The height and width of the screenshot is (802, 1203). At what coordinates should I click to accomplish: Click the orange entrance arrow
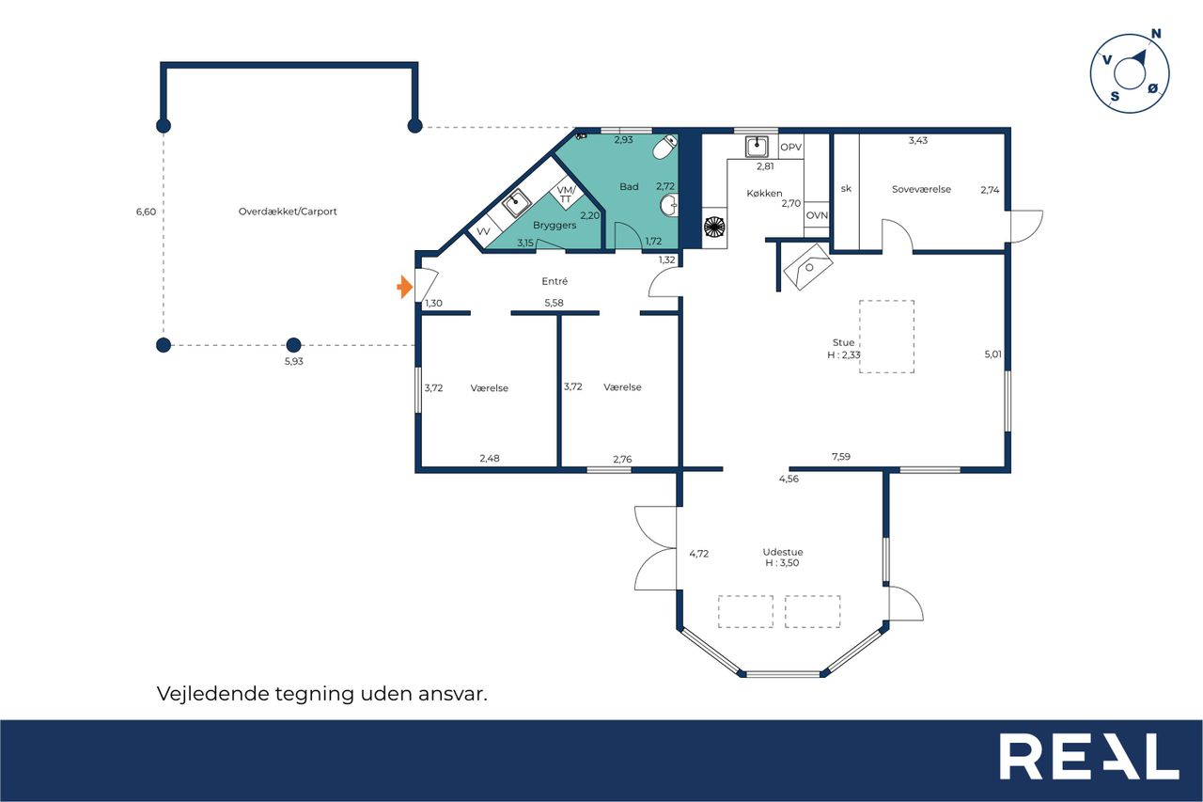[405, 287]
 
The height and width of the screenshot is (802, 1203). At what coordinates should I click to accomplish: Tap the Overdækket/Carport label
[288, 212]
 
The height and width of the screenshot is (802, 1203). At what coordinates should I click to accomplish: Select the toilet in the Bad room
[664, 146]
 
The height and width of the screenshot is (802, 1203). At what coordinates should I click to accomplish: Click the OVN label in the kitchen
[817, 215]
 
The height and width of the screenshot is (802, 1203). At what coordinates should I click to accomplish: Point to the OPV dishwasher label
[790, 148]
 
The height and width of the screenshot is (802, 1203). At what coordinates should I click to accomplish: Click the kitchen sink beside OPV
[757, 147]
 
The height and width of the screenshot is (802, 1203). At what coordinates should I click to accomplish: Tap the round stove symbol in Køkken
[714, 227]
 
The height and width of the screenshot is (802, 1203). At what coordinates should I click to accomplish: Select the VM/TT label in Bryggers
[566, 194]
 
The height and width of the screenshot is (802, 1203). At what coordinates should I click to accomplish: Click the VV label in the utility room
[483, 231]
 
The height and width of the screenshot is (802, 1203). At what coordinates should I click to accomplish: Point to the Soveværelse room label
[921, 189]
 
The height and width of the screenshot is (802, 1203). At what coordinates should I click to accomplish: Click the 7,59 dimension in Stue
[841, 457]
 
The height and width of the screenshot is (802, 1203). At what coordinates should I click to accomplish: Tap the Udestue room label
[783, 552]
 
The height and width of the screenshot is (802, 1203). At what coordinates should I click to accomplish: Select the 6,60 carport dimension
[146, 212]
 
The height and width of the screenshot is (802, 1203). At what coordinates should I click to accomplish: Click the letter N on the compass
[1156, 34]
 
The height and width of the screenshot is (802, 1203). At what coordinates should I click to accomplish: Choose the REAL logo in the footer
[1089, 756]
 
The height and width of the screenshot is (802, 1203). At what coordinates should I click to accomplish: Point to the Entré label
[555, 281]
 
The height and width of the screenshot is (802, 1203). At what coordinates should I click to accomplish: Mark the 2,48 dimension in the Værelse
[490, 458]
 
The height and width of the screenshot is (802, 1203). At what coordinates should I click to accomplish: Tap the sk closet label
[846, 189]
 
